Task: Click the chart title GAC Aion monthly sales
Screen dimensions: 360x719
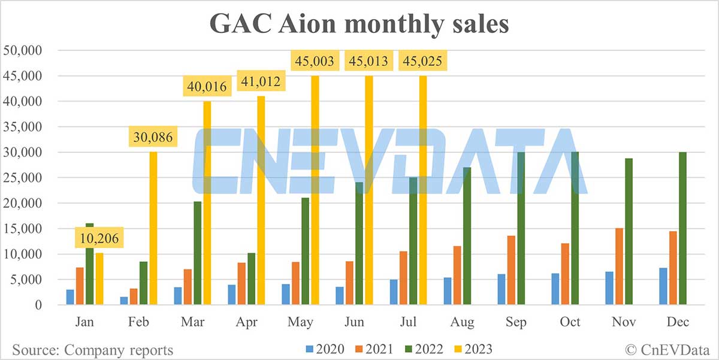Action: coord(359,25)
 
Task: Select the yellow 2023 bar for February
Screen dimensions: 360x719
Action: coord(154,228)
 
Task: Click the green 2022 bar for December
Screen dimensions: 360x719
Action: coord(682,228)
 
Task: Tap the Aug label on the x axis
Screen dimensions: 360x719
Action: coord(462,322)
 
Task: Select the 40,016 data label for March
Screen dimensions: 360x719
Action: coord(206,87)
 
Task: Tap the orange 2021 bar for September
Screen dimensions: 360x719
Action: coord(511,270)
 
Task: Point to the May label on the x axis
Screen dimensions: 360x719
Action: coord(300,322)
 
